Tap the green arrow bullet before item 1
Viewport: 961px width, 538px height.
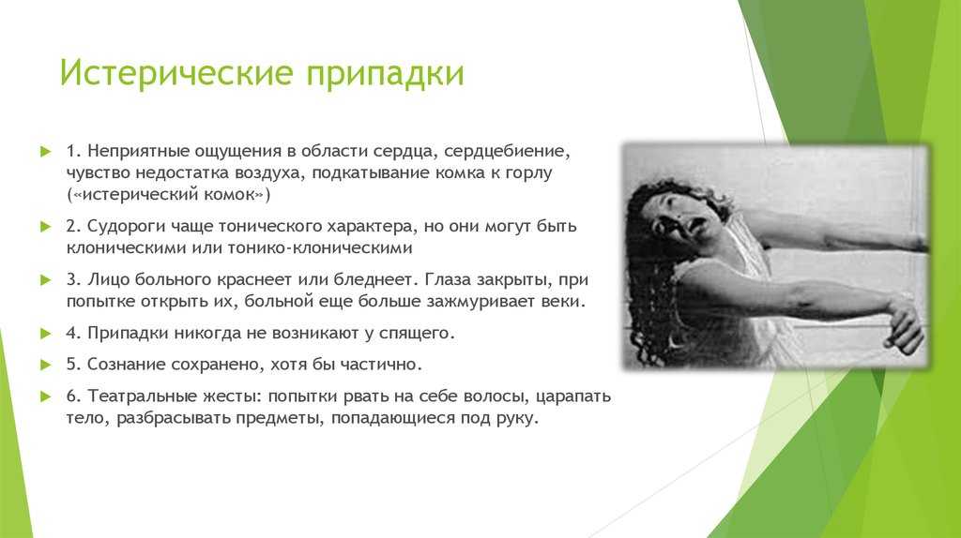point(45,151)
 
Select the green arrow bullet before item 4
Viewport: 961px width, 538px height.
point(45,334)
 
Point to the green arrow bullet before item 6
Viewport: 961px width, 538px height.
point(45,396)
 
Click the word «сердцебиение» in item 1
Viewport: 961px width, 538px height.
point(507,152)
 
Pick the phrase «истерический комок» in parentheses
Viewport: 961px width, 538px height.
point(169,195)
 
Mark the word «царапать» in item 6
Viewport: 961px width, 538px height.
point(573,397)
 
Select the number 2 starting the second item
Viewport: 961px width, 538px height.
point(73,227)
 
